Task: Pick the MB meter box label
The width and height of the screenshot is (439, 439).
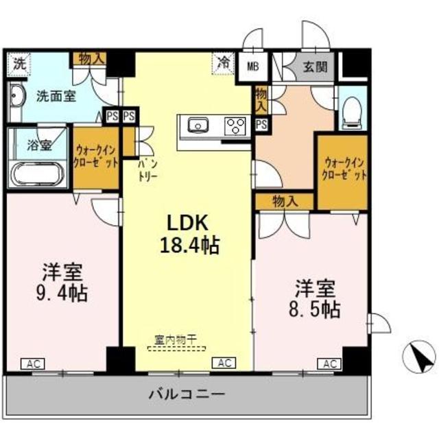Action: pyautogui.click(x=253, y=67)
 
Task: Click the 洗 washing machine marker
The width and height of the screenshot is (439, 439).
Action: pyautogui.click(x=19, y=64)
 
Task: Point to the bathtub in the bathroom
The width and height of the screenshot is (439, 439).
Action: pyautogui.click(x=38, y=176)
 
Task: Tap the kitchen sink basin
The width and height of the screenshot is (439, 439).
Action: pyautogui.click(x=198, y=126)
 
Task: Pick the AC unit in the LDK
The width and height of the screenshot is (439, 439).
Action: pyautogui.click(x=223, y=363)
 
